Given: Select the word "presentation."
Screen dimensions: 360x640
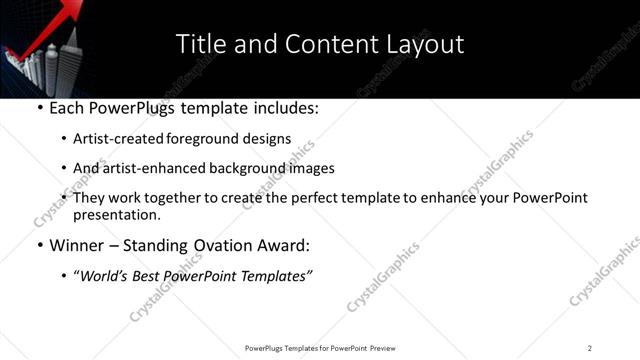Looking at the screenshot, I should (116, 214).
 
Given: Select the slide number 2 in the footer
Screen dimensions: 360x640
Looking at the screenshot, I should (590, 347).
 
